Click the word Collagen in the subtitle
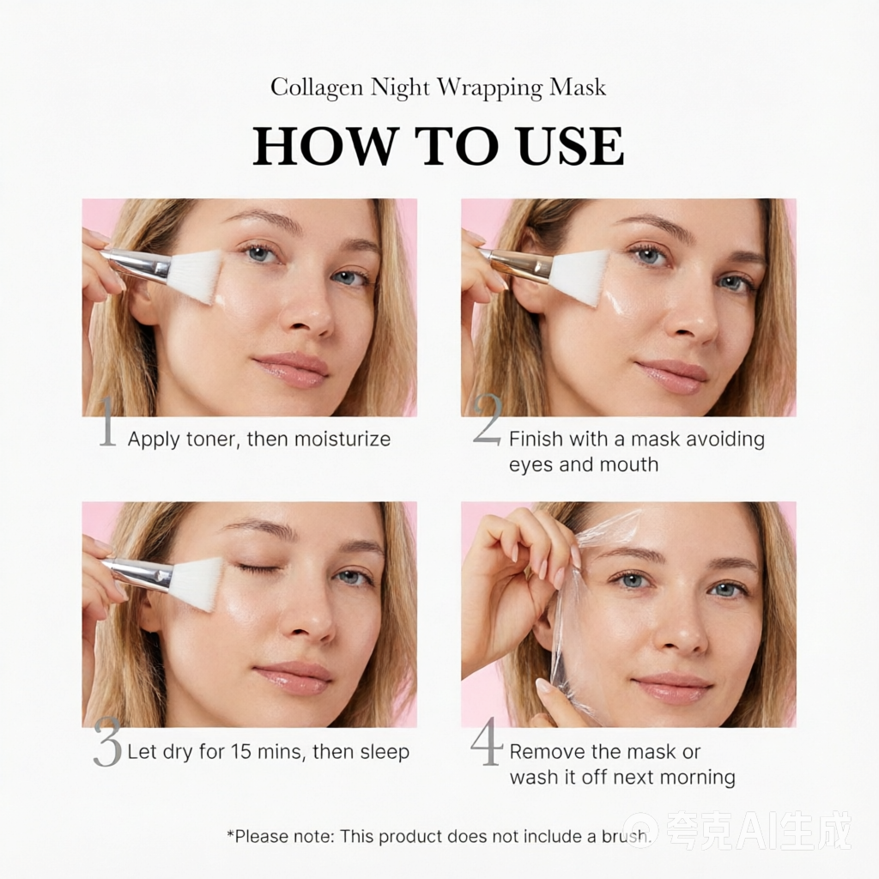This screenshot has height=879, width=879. point(318,88)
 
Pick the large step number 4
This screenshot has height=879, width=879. point(487,741)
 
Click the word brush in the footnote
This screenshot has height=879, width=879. point(626,836)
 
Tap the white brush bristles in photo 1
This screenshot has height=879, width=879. point(196,275)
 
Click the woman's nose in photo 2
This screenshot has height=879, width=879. point(694,318)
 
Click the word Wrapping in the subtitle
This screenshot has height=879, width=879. point(490,88)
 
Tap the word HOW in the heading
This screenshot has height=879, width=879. point(324,146)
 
